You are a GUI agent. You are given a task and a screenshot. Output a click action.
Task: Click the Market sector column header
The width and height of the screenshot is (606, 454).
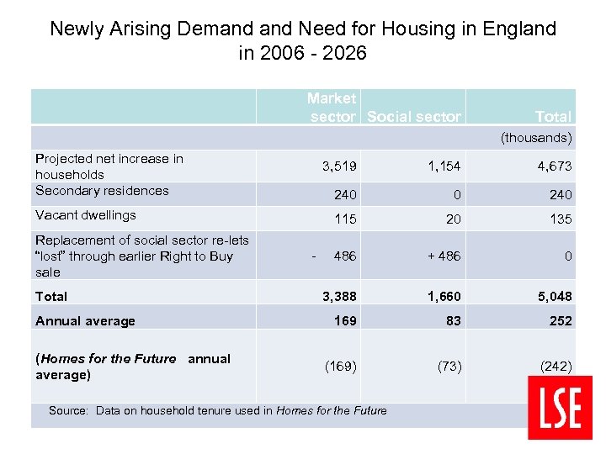pos(332,108)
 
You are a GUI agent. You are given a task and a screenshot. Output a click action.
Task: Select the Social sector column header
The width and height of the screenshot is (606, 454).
pos(414,117)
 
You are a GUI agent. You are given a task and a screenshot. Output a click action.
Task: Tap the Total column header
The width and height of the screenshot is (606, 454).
pos(553,117)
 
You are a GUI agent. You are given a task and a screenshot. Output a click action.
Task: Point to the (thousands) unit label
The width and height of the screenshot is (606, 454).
pos(536,137)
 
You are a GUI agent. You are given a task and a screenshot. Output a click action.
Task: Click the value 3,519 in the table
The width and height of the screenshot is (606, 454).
pos(339,166)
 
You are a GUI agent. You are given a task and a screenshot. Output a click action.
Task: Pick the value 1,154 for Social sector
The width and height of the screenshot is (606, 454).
pos(444,166)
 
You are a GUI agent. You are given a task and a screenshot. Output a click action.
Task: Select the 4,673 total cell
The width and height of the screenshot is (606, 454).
pos(555,166)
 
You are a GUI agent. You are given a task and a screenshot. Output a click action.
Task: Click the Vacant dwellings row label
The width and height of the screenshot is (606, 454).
pos(85,215)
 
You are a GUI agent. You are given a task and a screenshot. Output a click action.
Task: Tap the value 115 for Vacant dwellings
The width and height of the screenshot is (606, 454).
pos(345,219)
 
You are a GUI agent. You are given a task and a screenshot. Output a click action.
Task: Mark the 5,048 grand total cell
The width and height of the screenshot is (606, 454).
pos(554,296)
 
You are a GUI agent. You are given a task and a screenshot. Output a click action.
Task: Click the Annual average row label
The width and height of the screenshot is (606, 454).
pos(85,320)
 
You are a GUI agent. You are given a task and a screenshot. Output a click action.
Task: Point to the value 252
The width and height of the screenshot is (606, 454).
pos(560,320)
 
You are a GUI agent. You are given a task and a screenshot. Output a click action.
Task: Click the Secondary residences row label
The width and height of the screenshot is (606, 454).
pos(102,191)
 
